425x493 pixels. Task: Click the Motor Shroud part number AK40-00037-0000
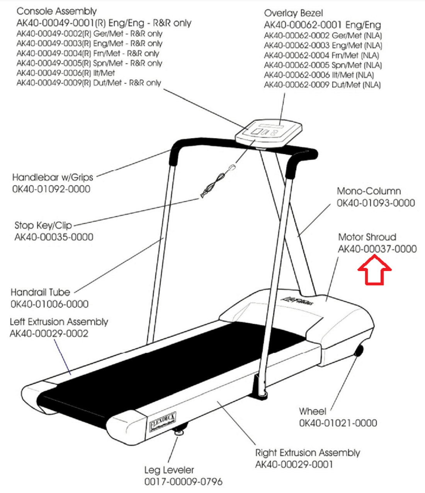click(x=377, y=249)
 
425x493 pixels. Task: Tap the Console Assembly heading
click(x=56, y=11)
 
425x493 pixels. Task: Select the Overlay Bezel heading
click(x=293, y=13)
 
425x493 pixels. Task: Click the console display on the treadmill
click(x=269, y=131)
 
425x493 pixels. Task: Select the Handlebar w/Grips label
click(x=53, y=177)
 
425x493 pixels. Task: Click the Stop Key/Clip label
click(x=43, y=225)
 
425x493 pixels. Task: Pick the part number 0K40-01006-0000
click(x=49, y=304)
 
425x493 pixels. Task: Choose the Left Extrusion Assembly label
click(x=59, y=322)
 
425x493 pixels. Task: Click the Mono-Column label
click(x=369, y=191)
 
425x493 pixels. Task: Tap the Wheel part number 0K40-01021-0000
click(x=338, y=423)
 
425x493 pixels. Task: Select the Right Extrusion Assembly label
click(x=308, y=452)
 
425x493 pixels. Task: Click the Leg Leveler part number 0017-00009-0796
click(x=183, y=482)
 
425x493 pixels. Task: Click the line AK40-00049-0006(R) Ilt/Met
click(x=66, y=73)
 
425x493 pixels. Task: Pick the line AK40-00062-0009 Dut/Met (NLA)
click(x=322, y=85)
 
